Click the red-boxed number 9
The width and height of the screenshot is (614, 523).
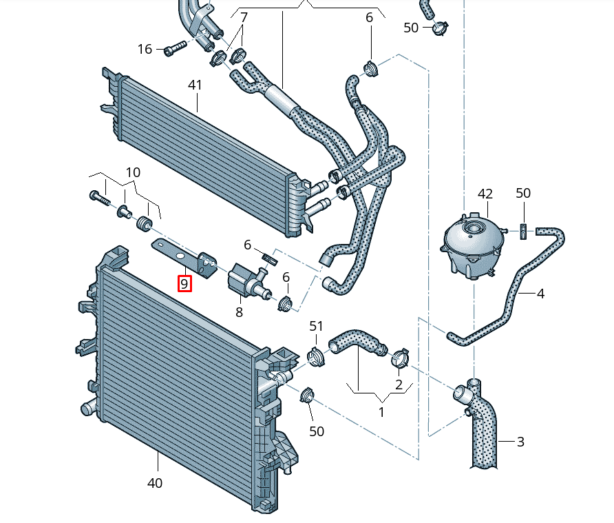[x=184, y=283]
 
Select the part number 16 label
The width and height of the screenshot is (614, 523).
[x=145, y=49]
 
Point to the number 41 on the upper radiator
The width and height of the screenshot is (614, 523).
[x=195, y=85]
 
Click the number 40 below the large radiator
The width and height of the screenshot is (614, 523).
[x=155, y=483]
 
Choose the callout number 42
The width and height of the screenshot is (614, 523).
[x=485, y=194]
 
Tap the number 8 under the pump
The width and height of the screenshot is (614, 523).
[x=240, y=311]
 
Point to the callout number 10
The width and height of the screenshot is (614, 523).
[x=133, y=172]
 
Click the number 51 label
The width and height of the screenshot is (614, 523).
[x=316, y=326]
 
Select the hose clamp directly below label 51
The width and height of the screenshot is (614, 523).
[x=315, y=356]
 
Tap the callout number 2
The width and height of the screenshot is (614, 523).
[x=399, y=384]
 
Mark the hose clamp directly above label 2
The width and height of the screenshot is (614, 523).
[x=400, y=358]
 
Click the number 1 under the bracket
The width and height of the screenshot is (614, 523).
[x=382, y=412]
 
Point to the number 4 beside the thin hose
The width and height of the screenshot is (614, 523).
[x=540, y=294]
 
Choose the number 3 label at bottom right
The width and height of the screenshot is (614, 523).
[x=520, y=441]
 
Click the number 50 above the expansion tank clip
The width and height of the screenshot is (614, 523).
[x=523, y=193]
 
